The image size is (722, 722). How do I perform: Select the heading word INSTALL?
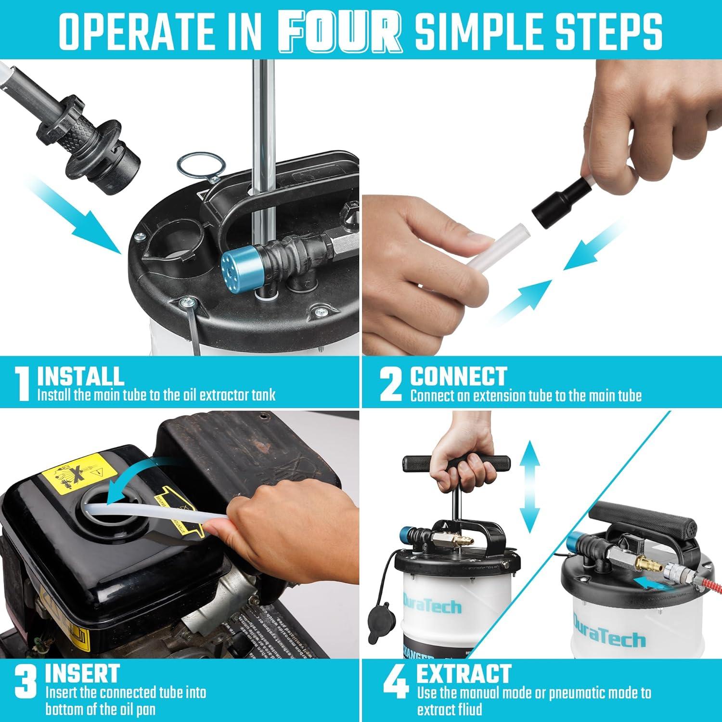(x=80, y=376)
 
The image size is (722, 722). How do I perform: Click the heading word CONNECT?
(x=458, y=376)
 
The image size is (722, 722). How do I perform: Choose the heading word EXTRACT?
(x=463, y=673)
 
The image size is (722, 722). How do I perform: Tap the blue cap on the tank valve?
(x=236, y=266)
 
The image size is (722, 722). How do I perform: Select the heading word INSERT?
(x=82, y=673)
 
